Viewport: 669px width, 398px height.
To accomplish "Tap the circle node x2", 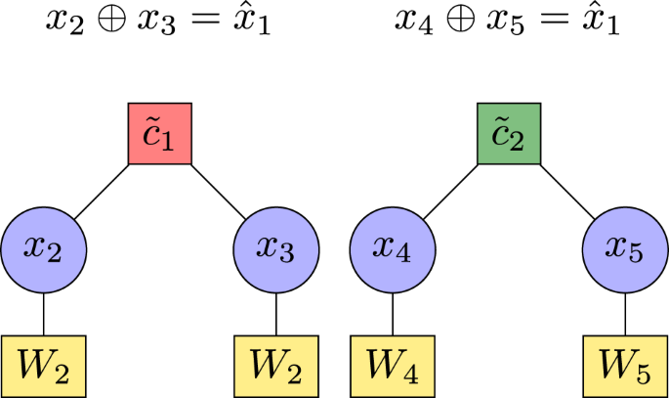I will pos(43,249).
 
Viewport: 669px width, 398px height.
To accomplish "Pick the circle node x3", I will pos(276,249).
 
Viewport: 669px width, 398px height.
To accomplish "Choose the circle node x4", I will pos(393,249).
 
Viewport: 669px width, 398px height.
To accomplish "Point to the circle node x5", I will pos(625,249).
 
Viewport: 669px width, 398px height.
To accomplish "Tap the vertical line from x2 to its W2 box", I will pos(43,312).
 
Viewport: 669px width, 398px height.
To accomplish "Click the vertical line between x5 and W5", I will pos(625,312).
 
